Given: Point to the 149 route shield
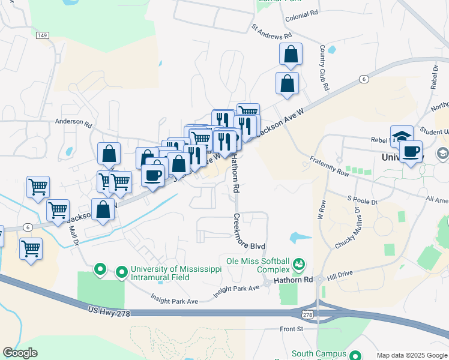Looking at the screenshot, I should (42, 36).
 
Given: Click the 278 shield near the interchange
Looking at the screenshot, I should (307, 314).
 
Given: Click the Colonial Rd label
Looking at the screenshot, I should (301, 18).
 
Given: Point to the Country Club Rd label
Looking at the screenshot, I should (325, 67).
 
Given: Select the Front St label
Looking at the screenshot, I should (292, 329).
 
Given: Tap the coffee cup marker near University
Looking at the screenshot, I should (411, 151).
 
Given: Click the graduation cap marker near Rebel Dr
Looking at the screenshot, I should (402, 136).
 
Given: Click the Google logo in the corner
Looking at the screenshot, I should (20, 352).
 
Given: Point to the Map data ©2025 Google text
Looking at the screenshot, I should (411, 355).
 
